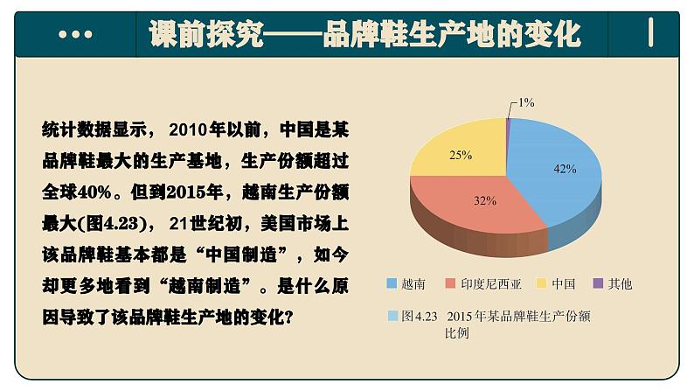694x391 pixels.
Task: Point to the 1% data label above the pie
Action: tap(525, 102)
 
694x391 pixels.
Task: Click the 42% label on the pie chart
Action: tap(564, 169)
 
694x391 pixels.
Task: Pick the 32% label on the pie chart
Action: tap(485, 200)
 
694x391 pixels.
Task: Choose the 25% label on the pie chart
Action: tap(461, 154)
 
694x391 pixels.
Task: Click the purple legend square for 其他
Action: tap(599, 283)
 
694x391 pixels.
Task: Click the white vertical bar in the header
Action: tap(652, 32)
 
